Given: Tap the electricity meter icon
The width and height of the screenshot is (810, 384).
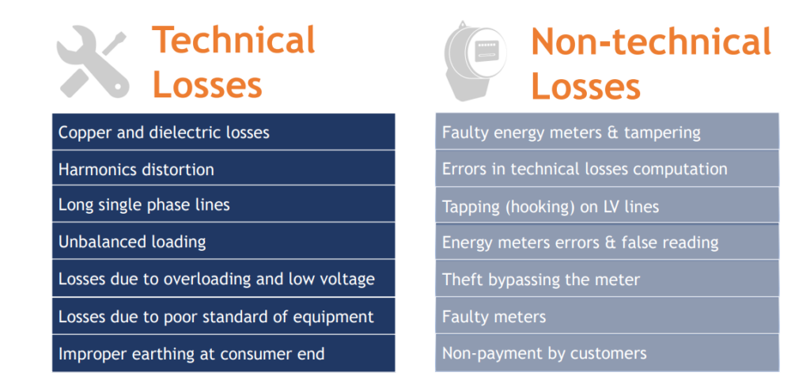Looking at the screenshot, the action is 475,60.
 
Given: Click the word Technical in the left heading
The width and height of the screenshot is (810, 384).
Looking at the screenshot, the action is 233,40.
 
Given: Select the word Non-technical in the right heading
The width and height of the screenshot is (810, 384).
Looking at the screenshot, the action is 651,41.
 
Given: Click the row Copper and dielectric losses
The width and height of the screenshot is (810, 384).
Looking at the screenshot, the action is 224,131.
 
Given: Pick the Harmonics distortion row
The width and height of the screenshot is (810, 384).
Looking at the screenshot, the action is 224,169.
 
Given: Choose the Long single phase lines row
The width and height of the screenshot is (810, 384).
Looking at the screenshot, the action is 224,204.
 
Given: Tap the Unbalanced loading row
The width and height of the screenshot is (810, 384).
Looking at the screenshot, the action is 224,241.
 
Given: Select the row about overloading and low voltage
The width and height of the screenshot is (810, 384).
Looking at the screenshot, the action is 224,279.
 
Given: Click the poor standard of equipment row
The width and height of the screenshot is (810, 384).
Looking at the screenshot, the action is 224,316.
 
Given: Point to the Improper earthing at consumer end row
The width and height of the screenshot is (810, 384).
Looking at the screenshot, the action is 224,353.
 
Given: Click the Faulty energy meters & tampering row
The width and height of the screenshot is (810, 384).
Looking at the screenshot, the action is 607,131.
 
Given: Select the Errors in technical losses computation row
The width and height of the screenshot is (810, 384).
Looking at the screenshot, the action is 607,169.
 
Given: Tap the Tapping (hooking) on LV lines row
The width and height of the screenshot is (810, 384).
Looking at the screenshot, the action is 607,206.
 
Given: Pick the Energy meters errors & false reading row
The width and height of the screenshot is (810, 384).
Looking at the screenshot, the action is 607,241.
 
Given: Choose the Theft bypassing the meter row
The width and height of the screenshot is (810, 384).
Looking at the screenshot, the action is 607,279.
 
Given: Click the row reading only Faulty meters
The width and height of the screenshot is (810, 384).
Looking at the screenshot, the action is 607,316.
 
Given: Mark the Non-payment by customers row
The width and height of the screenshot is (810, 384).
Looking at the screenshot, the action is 607,353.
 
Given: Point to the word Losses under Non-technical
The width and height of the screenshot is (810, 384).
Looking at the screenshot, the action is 586,86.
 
